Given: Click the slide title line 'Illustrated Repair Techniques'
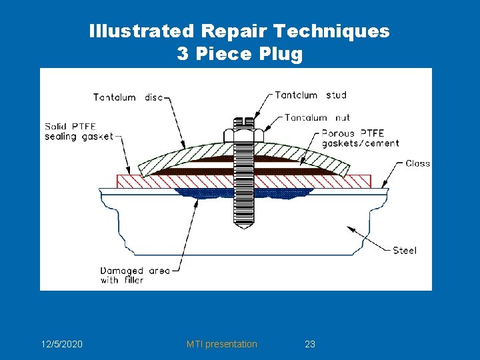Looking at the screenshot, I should click(x=239, y=31).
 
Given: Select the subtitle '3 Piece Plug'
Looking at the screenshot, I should click(x=239, y=54).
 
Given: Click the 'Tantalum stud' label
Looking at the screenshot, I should click(x=311, y=95).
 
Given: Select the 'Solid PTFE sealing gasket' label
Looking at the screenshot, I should click(x=79, y=131).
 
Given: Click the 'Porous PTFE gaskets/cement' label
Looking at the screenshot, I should click(x=360, y=138).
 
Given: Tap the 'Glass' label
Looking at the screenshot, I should click(x=417, y=163).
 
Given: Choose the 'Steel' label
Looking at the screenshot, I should click(x=404, y=250).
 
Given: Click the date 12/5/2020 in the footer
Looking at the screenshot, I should click(x=61, y=344).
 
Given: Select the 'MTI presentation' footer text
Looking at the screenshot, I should click(x=221, y=344).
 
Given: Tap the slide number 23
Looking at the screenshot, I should click(x=309, y=344).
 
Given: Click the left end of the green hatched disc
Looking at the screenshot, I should click(x=141, y=167).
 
